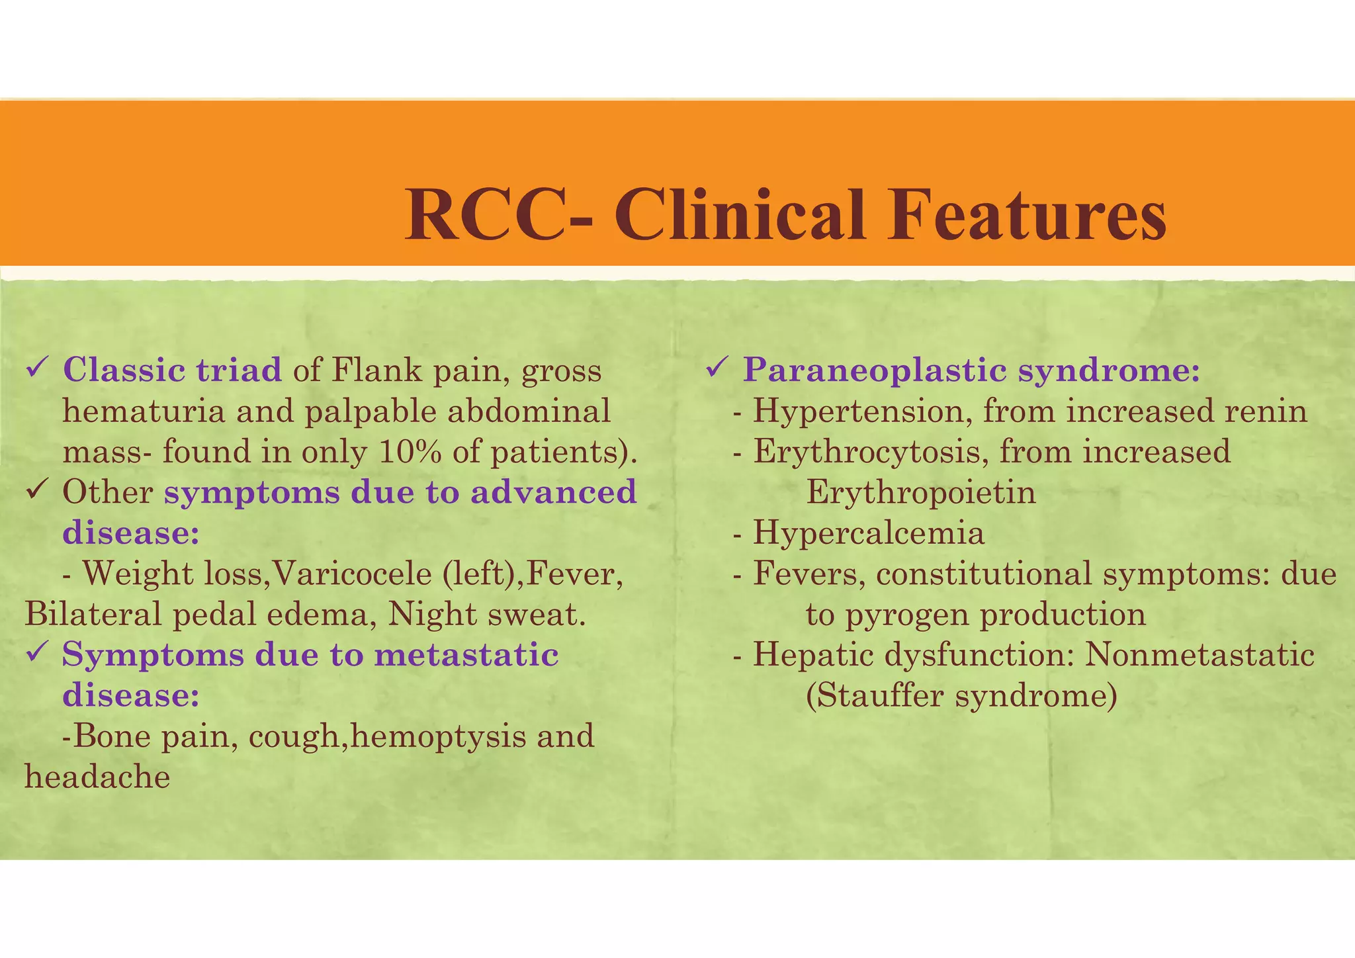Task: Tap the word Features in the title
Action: click(x=1027, y=215)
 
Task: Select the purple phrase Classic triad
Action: click(x=173, y=370)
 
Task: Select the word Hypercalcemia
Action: click(x=868, y=533)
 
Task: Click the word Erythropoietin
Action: click(x=920, y=493)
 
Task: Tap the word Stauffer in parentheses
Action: click(x=880, y=696)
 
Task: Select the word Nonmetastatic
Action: click(x=1200, y=655)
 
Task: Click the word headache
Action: click(x=97, y=777)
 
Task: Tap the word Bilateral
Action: click(x=93, y=615)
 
